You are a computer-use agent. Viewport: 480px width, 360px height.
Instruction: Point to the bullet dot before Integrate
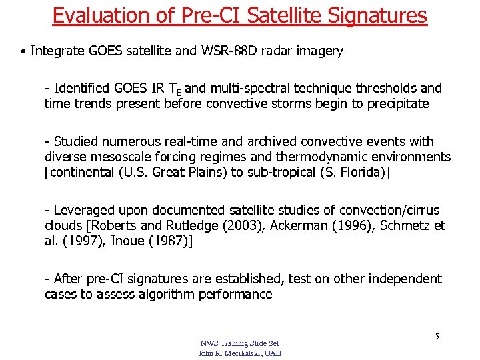(x=24, y=51)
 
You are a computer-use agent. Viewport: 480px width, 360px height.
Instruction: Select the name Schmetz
(x=406, y=225)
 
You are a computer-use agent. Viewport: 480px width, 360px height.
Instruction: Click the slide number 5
(x=437, y=336)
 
